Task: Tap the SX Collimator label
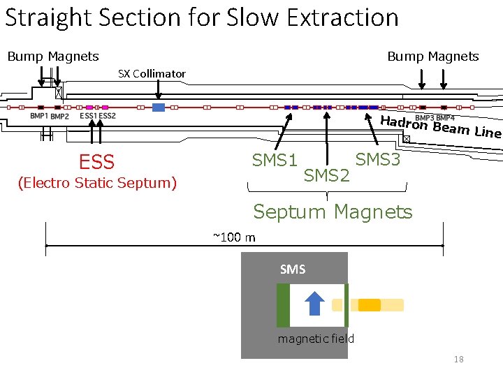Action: click(152, 73)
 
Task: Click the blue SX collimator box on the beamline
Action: click(159, 108)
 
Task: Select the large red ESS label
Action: click(96, 163)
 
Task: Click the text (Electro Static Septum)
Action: click(96, 183)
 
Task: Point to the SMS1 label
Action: click(275, 161)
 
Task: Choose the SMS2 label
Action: click(326, 175)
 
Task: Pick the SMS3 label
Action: click(378, 160)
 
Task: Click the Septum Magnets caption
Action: click(333, 211)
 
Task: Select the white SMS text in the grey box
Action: click(292, 269)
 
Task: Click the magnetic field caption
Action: click(316, 339)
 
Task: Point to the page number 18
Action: click(458, 360)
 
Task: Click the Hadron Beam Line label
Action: click(440, 126)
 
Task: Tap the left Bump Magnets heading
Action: click(53, 56)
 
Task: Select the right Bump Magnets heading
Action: click(433, 56)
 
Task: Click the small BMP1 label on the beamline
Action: click(39, 116)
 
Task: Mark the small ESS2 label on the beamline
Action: click(107, 116)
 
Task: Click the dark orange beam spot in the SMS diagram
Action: click(370, 304)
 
